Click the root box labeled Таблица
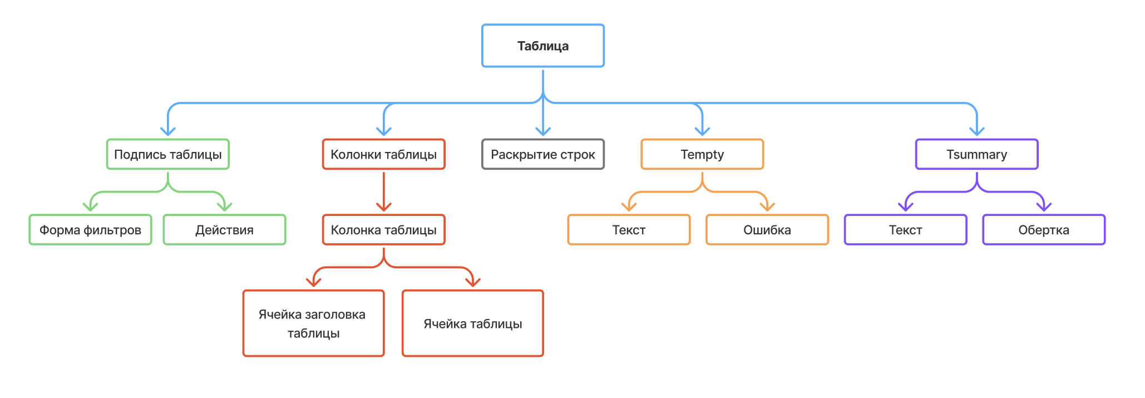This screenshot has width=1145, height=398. [542, 46]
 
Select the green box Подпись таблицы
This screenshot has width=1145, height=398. [167, 154]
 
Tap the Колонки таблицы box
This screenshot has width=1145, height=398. [383, 154]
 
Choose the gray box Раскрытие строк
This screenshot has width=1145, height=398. [542, 154]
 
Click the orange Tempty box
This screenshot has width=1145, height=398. [702, 154]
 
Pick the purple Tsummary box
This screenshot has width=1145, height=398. [976, 154]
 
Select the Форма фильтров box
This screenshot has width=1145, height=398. [90, 230]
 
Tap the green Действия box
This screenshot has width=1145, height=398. [224, 230]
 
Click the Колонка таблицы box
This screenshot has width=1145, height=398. [383, 230]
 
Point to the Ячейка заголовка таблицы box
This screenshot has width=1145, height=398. [313, 323]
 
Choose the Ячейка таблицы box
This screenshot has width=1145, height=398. [472, 323]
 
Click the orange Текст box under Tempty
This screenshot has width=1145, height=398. [629, 230]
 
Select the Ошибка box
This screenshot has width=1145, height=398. [767, 230]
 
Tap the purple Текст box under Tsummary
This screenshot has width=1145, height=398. [905, 230]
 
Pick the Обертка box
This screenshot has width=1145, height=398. [1044, 230]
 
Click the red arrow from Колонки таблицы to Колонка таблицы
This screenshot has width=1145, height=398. [383, 191]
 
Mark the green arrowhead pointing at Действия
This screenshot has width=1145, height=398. [224, 207]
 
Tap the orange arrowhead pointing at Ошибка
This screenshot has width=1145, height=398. [767, 207]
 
